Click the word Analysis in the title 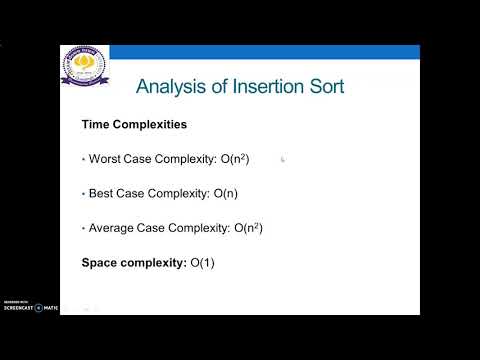pyautogui.click(x=170, y=87)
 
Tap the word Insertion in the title pyautogui.click(x=264, y=87)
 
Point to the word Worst pyautogui.click(x=106, y=158)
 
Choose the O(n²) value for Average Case pyautogui.click(x=256, y=227)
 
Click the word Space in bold pyautogui.click(x=101, y=262)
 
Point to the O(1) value pyautogui.click(x=204, y=262)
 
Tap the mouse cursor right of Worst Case pyautogui.click(x=283, y=158)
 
